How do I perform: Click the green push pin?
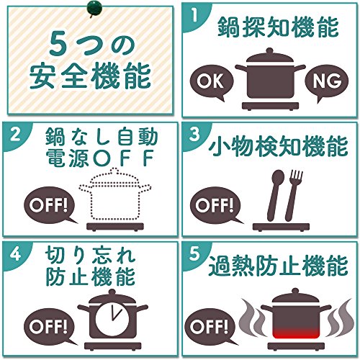point(94,9)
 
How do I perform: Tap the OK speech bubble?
point(212,82)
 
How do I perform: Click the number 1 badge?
point(194,15)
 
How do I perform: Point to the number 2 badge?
point(15,135)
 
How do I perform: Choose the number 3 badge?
point(194,135)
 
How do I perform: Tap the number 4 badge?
point(15,254)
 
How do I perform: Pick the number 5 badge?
point(194,254)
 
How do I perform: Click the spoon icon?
point(275,195)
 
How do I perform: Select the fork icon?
point(293,195)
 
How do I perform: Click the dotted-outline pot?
point(115,194)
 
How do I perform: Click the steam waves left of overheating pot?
point(252,318)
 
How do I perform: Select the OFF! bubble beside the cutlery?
point(215,206)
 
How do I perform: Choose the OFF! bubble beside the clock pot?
point(49,327)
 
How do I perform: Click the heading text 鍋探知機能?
point(278,27)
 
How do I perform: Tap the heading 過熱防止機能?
point(278,266)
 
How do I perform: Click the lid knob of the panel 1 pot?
point(270,51)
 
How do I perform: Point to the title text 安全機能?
point(90,75)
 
